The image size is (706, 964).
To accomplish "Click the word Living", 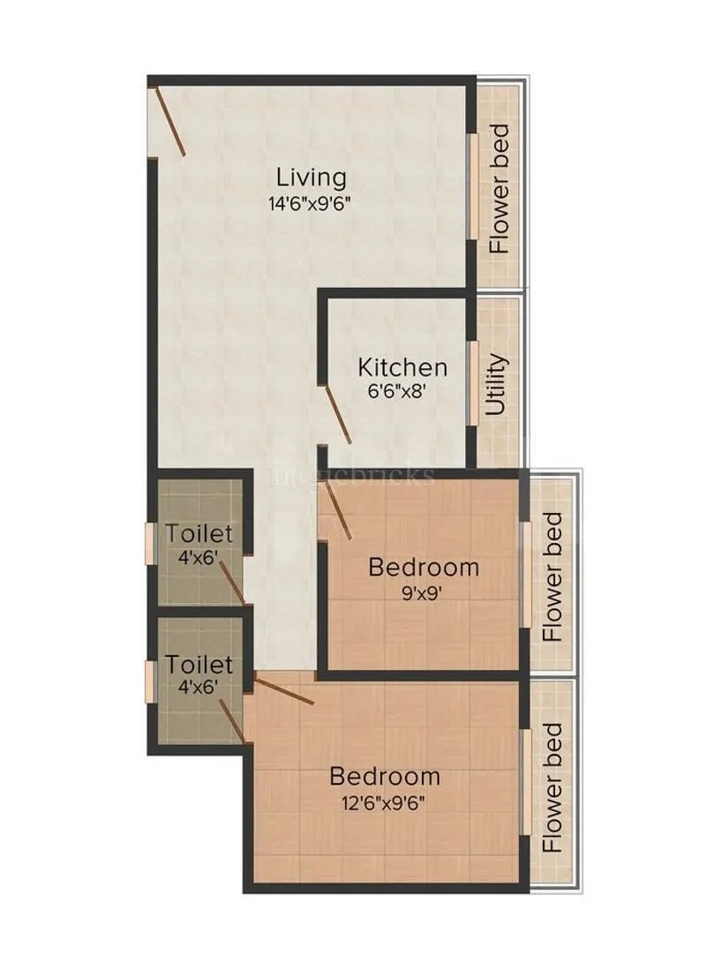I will pos(310,177).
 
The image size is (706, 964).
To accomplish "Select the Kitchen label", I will pos(402,367).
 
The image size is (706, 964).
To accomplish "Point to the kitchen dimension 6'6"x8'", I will pos(399,391).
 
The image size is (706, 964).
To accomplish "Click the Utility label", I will pos(498,385).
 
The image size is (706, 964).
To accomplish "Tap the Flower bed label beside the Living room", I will pos(500,189).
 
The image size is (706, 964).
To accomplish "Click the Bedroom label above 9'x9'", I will pos(424,567).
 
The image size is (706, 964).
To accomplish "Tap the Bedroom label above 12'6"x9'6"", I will pos(385,777).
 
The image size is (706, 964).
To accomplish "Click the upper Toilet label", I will pos(199,534).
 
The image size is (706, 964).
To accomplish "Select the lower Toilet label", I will pos(199,664).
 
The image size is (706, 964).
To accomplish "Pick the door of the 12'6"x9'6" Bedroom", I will pos(284,689).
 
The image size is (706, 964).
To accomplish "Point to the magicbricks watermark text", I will pos(353,476).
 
